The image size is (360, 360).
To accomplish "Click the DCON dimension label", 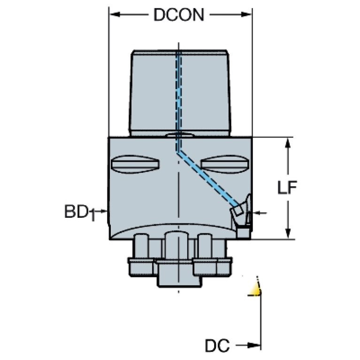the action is tap(179, 15).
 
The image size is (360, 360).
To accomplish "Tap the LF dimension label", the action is tap(287, 188).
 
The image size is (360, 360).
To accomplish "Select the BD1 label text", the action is tap(80, 213).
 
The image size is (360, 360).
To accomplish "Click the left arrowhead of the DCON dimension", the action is tap(115, 15).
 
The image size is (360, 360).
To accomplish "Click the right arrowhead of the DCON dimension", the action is tap(246, 15).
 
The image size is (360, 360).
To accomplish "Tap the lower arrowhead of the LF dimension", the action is tap(287, 233).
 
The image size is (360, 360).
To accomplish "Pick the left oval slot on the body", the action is tap(135, 164).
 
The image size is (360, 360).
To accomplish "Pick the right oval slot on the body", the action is tap(224, 164).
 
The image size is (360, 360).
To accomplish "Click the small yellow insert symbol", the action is tap(255, 289).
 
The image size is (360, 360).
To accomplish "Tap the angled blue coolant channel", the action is tap(208, 178).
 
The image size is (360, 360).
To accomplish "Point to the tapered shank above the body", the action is tap(180, 93).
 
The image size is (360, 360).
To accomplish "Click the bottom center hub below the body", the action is tap(179, 273).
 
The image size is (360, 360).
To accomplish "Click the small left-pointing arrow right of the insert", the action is tap(261, 213).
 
